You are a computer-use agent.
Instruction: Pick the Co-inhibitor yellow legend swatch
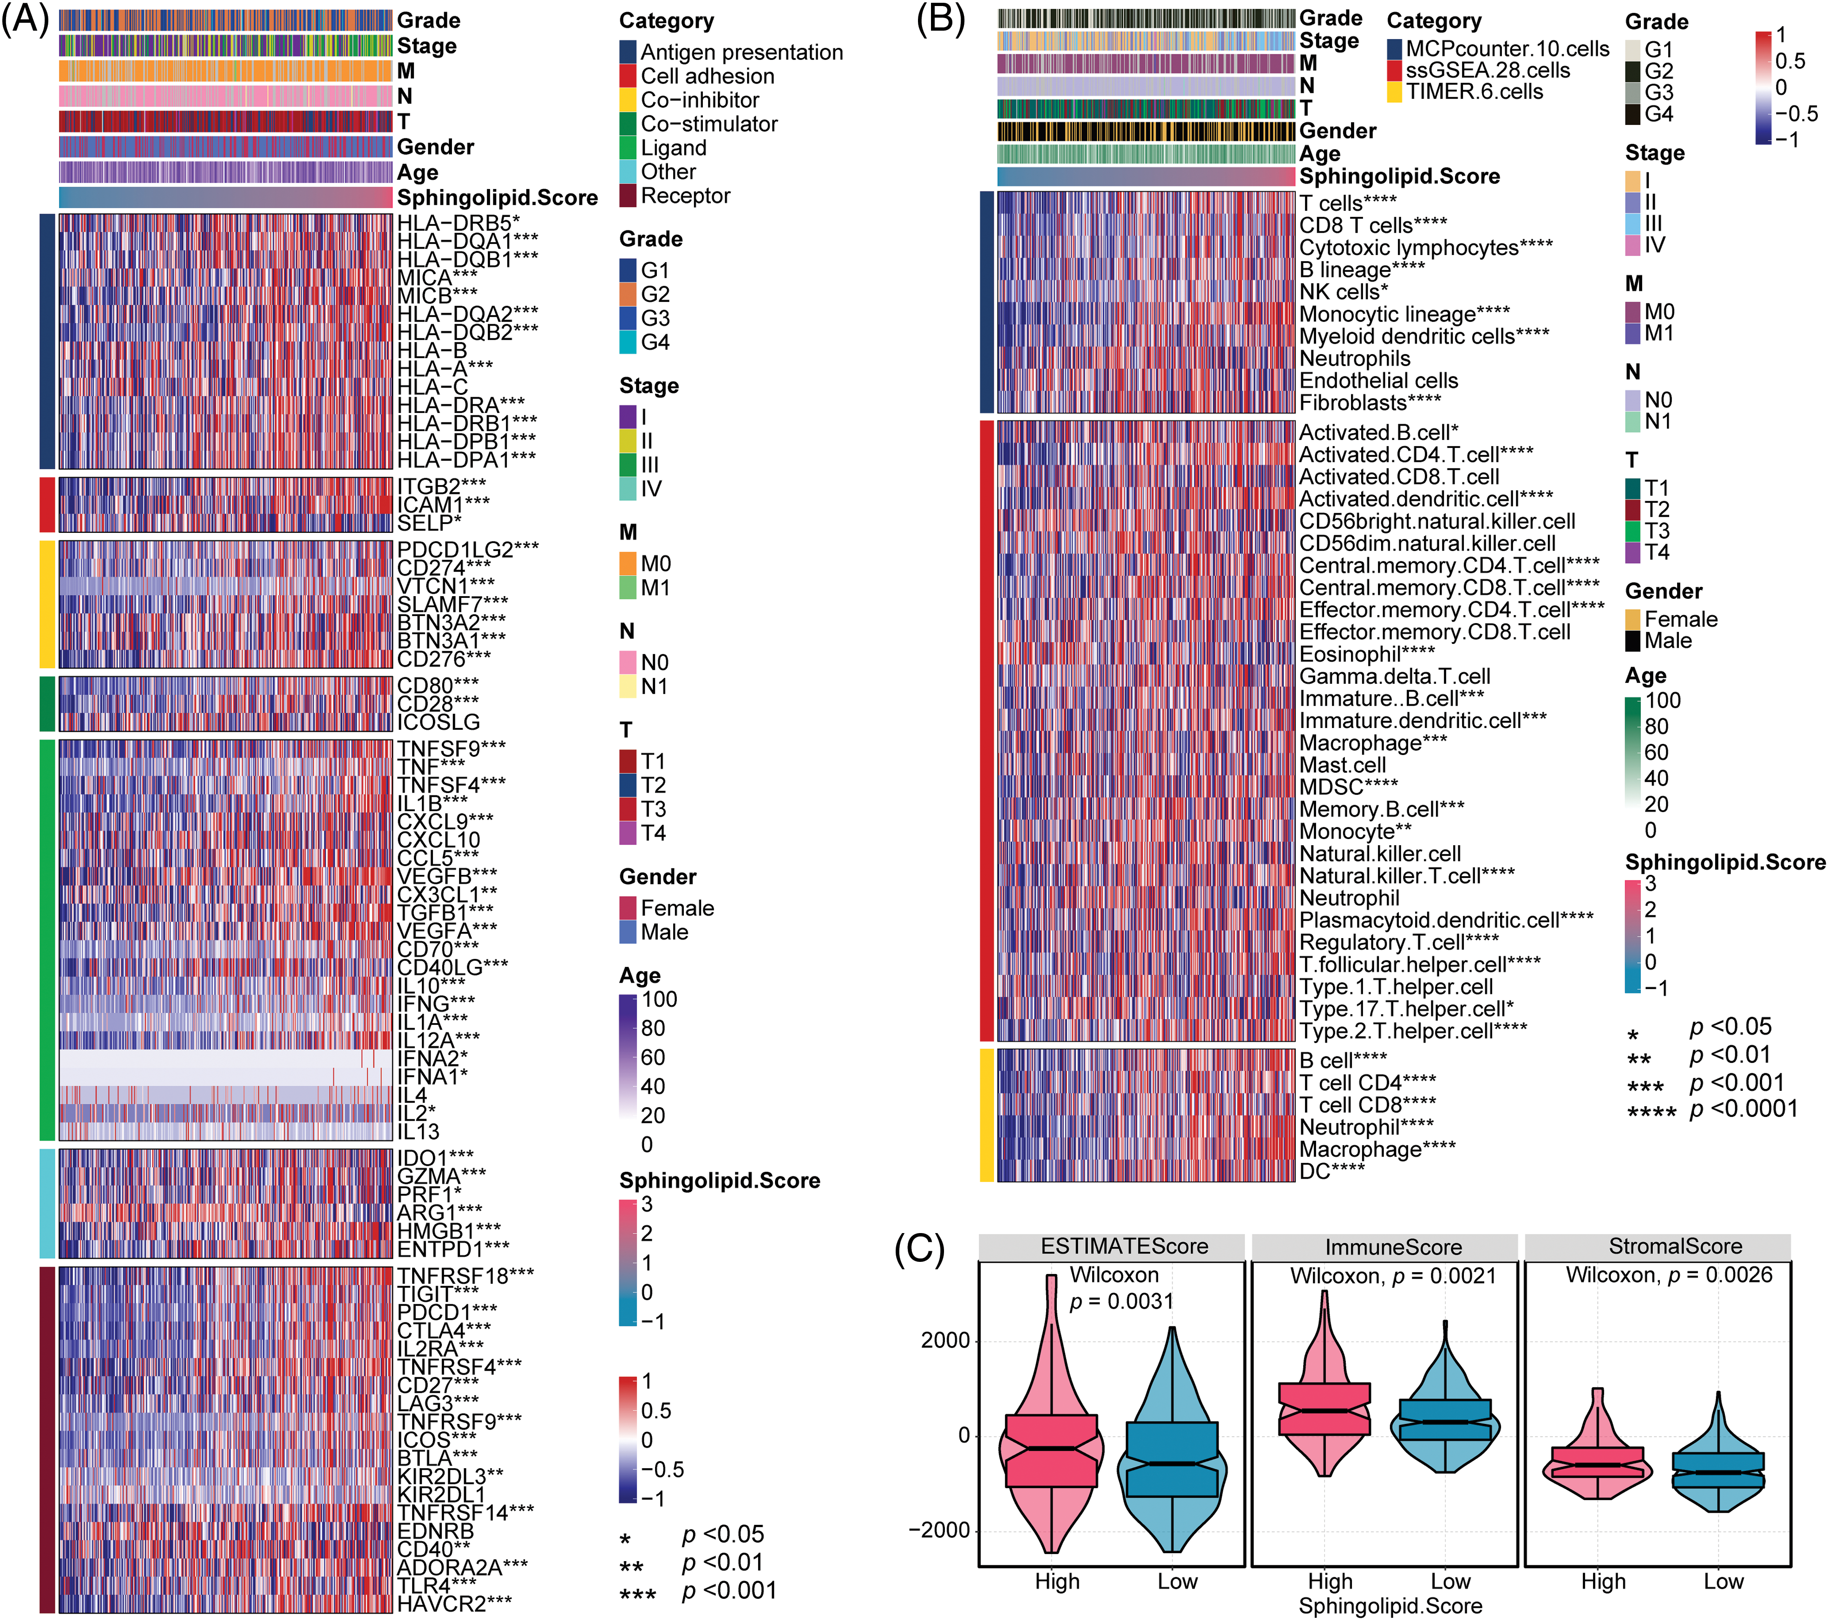(x=627, y=100)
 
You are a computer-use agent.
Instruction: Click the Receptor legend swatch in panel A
(x=627, y=196)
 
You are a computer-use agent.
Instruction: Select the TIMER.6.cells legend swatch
(x=1394, y=92)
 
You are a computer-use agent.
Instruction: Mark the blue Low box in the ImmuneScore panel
(x=1445, y=1420)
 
